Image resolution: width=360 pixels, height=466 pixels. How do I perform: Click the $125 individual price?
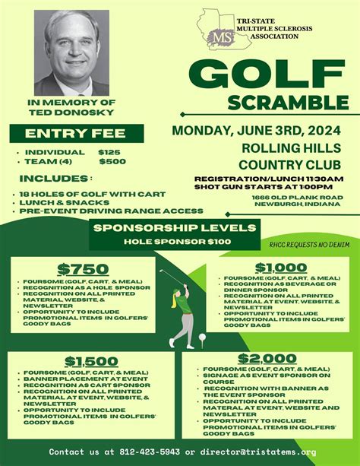111,152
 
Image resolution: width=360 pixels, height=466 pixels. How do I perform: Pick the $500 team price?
112,161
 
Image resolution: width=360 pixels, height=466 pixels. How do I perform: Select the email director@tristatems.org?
265,452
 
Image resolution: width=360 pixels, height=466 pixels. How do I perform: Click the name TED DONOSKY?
61,112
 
